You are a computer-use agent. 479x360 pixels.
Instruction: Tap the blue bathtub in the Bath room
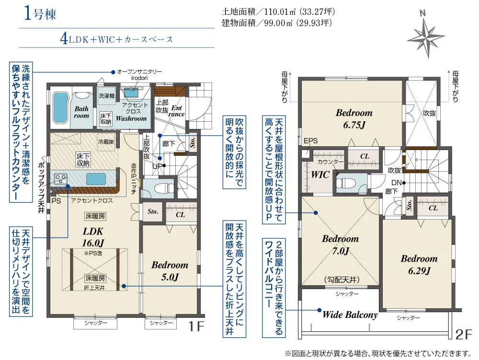60,106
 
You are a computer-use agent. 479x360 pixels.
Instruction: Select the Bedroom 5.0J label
170,271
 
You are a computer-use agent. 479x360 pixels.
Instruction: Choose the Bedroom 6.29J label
419,265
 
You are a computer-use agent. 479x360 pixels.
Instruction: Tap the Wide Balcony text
350,315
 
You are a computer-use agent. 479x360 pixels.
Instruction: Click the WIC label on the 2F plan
320,175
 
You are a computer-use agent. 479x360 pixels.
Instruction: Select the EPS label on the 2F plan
310,141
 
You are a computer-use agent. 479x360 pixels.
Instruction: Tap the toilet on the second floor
347,182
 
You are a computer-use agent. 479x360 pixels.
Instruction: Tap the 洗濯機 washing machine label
107,96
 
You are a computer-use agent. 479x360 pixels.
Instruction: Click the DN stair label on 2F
396,182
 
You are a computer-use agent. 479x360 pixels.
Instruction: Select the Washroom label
131,118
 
